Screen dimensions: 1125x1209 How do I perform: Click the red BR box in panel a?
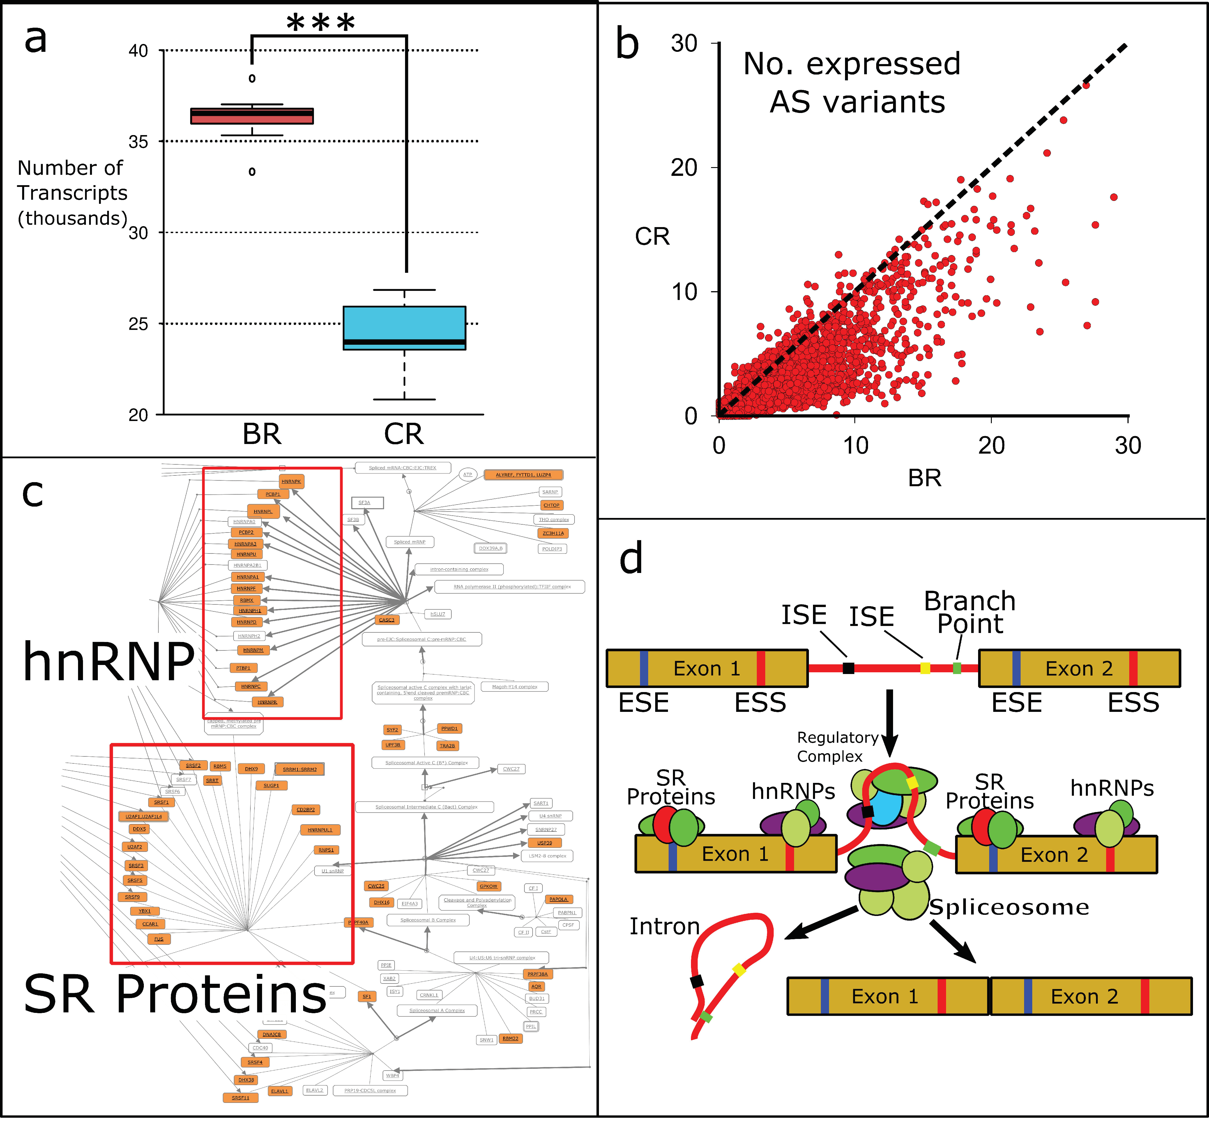pos(252,116)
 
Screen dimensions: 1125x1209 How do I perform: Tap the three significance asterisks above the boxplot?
pos(321,23)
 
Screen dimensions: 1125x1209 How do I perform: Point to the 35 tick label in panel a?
pos(138,142)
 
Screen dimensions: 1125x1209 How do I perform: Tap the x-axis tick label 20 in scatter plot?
pos(991,446)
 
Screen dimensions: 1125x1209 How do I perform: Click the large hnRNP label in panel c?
pos(108,661)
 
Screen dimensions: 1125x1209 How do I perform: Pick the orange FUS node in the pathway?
pos(159,939)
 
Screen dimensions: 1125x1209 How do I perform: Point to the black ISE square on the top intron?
pos(849,668)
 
